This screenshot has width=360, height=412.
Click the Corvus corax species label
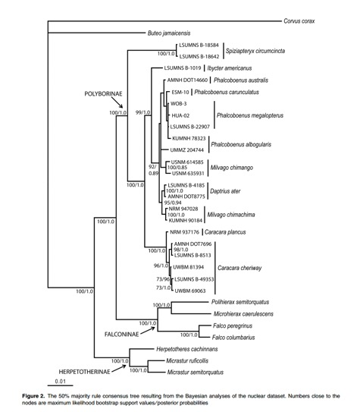pos(299,21)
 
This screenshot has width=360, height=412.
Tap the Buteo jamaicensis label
pos(169,33)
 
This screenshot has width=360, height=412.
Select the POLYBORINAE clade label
pos(103,94)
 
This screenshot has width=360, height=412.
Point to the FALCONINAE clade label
pos(122,334)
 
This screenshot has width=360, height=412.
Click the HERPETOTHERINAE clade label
pos(84,372)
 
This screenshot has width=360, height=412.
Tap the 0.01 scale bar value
pos(61,381)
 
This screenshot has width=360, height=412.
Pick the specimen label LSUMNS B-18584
pos(199,46)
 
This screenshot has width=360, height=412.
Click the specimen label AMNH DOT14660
pos(187,80)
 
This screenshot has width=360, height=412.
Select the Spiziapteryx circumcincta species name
pos(255,51)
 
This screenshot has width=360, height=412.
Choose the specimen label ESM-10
pos(180,93)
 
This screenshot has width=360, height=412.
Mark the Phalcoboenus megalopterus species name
pos(250,115)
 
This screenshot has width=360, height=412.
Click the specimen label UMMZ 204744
pos(187,150)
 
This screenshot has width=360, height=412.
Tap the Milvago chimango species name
pos(232,168)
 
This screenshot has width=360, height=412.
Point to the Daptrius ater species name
pos(225,191)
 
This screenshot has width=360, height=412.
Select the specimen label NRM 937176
pos(184,232)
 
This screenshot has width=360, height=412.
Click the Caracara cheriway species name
pos(239,268)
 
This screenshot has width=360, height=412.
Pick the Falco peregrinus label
pos(233,326)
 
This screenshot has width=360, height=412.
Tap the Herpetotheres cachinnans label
pos(187,349)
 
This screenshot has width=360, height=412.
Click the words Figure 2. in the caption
pos(33,396)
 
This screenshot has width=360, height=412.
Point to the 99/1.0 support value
pos(142,112)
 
